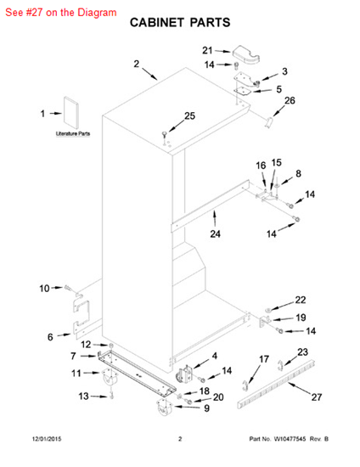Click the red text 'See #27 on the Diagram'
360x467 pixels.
pyautogui.click(x=61, y=13)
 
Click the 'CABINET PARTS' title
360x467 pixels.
pyautogui.click(x=180, y=23)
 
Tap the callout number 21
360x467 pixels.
pyautogui.click(x=207, y=50)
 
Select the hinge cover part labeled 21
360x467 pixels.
pyautogui.click(x=246, y=54)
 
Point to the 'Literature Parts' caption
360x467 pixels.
pyautogui.click(x=73, y=133)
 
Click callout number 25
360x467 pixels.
pyautogui.click(x=189, y=115)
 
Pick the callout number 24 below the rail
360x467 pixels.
pyautogui.click(x=216, y=233)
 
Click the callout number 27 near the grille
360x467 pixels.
pyautogui.click(x=317, y=397)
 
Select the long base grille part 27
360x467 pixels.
pyautogui.click(x=277, y=383)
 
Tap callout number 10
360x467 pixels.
pyautogui.click(x=44, y=289)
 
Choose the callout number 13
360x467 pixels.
pyautogui.click(x=83, y=397)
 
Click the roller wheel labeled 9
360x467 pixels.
pyautogui.click(x=165, y=407)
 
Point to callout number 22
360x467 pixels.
pyautogui.click(x=301, y=300)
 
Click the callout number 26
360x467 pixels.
pyautogui.click(x=290, y=101)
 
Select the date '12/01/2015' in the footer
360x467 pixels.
pyautogui.click(x=47, y=439)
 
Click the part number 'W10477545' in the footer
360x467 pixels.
pyautogui.click(x=290, y=439)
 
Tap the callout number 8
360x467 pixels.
pyautogui.click(x=298, y=173)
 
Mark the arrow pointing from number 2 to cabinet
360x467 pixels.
pyautogui.click(x=149, y=74)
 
